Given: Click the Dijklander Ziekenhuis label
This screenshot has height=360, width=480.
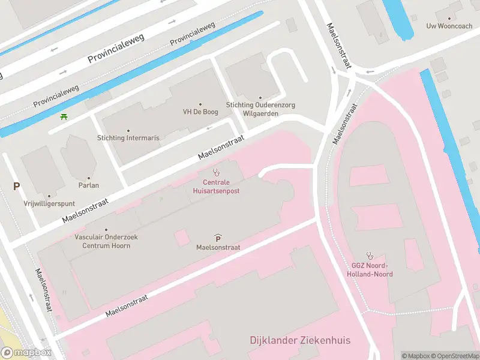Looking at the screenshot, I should pyautogui.click(x=300, y=340).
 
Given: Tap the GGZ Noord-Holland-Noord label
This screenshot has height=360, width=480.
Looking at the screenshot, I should pyautogui.click(x=370, y=270).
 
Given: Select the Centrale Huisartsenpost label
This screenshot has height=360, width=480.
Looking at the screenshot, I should pyautogui.click(x=216, y=186).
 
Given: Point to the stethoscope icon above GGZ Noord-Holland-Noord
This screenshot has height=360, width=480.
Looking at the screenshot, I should pyautogui.click(x=370, y=256).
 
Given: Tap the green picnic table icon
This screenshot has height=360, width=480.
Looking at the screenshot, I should pyautogui.click(x=64, y=116).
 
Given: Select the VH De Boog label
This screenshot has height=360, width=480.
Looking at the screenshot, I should pyautogui.click(x=200, y=112).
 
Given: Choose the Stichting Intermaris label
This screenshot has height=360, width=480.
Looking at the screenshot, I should pyautogui.click(x=128, y=138).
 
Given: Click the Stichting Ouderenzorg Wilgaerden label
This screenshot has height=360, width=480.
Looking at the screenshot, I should pyautogui.click(x=260, y=109).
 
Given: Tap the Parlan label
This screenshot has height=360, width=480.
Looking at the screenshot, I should pyautogui.click(x=89, y=185).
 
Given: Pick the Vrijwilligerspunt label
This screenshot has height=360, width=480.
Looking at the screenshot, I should pyautogui.click(x=49, y=203).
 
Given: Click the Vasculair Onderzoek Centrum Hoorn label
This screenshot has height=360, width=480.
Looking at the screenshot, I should pyautogui.click(x=107, y=241).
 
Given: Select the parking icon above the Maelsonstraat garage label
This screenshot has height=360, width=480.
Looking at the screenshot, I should pyautogui.click(x=217, y=238).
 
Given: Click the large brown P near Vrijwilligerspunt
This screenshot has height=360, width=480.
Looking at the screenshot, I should pyautogui.click(x=17, y=187).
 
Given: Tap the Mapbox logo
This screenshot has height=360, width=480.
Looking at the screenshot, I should pyautogui.click(x=26, y=353).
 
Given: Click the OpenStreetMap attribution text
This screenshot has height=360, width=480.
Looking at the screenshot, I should pyautogui.click(x=455, y=356).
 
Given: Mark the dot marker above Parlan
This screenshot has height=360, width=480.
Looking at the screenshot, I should pyautogui.click(x=89, y=178).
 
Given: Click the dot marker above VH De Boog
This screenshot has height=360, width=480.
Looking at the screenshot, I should pyautogui.click(x=200, y=104).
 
